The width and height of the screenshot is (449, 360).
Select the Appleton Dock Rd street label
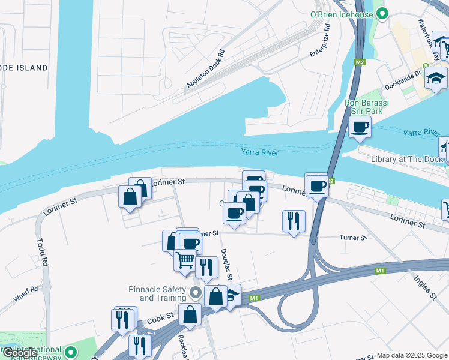pyautogui.click(x=209, y=68)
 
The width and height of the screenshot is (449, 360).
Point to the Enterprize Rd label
pyautogui.click(x=320, y=41)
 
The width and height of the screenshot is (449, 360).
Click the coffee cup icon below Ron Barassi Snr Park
pyautogui.click(x=360, y=127)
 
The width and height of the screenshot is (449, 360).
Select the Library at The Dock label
pyautogui.click(x=406, y=159)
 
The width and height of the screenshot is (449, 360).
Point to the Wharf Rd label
pyautogui.click(x=26, y=293)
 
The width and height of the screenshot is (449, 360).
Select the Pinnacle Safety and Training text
pyautogui.click(x=158, y=293)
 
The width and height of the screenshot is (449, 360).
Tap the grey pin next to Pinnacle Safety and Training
pyautogui.click(x=195, y=293)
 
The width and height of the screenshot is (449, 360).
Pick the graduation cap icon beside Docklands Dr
pyautogui.click(x=436, y=78)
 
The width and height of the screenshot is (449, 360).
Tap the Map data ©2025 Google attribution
pyautogui.click(x=412, y=355)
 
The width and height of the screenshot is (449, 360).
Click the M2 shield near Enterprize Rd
pyautogui.click(x=360, y=62)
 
